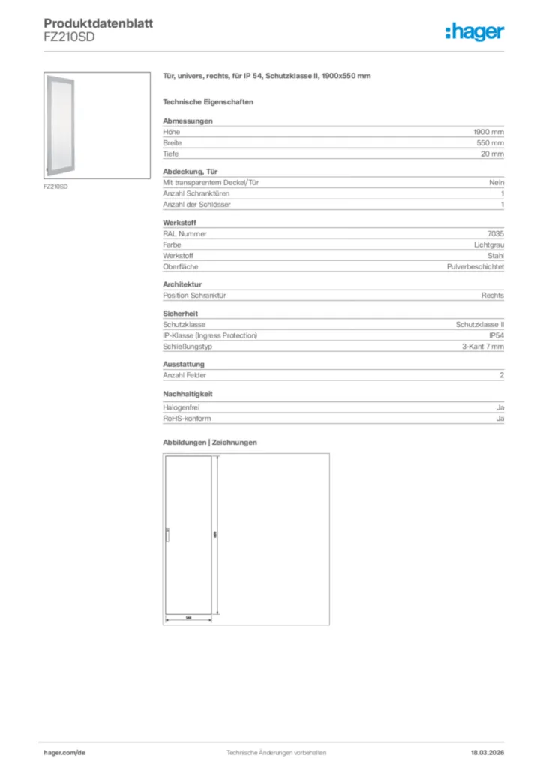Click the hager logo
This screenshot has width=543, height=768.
(474, 31)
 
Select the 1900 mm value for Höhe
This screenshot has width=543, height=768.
(488, 132)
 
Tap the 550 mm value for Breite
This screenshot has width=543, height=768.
(490, 142)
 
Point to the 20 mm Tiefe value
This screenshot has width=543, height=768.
(492, 154)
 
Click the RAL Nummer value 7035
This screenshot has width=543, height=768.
(496, 233)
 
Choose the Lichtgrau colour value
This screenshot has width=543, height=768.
(489, 244)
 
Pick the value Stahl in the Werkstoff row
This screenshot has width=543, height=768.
(496, 256)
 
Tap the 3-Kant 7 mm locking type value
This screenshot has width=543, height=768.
(483, 346)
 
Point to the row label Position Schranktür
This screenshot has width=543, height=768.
(195, 295)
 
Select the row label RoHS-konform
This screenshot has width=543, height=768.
(184, 418)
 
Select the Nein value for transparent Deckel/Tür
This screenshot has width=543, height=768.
(496, 182)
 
